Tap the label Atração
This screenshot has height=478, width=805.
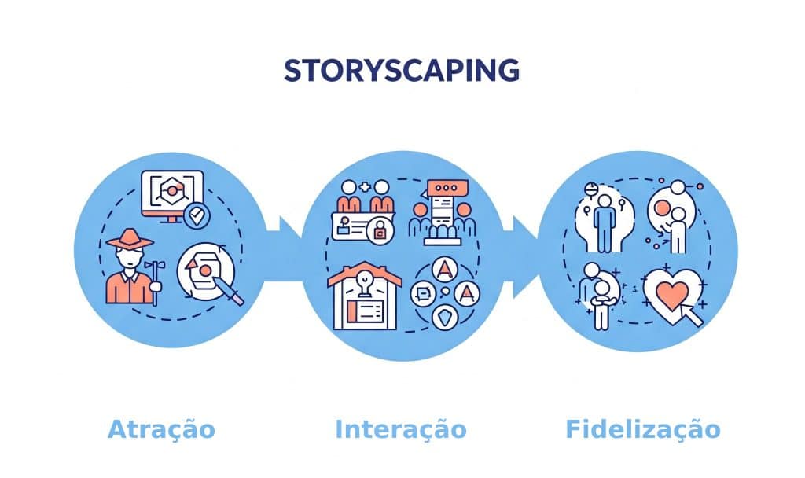(161, 430)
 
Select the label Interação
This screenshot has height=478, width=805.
(401, 430)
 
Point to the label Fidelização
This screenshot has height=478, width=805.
(642, 430)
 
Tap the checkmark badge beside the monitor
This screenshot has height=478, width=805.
(197, 213)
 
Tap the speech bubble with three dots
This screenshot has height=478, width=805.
(446, 189)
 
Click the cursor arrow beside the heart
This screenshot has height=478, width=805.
(692, 314)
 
